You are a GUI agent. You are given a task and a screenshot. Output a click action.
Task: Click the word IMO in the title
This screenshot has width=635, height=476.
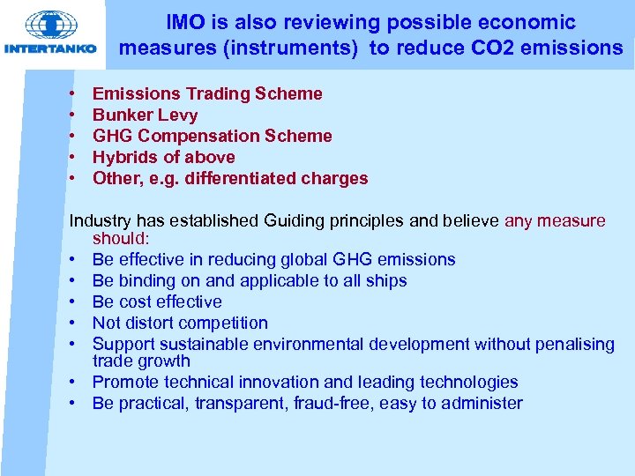(186, 23)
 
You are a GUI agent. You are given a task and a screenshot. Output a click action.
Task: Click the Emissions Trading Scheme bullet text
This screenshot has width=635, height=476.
(207, 93)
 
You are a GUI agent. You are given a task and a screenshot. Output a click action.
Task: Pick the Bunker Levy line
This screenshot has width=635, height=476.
(145, 115)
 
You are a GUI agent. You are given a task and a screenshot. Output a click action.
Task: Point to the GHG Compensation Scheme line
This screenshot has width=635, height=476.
(212, 136)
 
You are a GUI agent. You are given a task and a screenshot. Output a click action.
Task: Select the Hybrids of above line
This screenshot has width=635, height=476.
(163, 157)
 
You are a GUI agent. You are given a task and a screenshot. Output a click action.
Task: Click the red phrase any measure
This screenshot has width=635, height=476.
(555, 220)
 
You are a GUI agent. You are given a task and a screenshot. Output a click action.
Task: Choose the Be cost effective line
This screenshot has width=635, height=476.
(157, 301)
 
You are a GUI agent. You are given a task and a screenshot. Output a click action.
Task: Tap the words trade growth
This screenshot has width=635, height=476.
(141, 361)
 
